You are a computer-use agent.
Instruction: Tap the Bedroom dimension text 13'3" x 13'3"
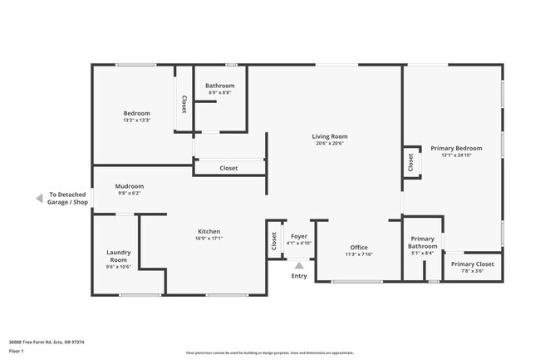(x=137, y=121)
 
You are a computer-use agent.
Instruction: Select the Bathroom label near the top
(x=220, y=86)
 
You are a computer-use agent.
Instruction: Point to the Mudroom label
(x=130, y=186)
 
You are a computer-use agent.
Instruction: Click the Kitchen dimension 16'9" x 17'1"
(x=209, y=239)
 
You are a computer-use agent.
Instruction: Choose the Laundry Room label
(x=119, y=256)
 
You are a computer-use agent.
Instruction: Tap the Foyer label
(x=299, y=236)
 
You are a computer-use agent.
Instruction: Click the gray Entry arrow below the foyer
(x=299, y=265)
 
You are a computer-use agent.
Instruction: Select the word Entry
(x=299, y=276)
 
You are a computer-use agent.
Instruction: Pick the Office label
(x=359, y=247)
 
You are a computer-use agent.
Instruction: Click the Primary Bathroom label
(x=422, y=242)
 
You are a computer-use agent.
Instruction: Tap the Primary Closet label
(x=472, y=264)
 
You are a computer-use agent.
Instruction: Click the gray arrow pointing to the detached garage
(x=38, y=198)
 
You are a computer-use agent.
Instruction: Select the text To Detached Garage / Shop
(x=68, y=198)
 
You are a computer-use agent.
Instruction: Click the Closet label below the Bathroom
(x=228, y=168)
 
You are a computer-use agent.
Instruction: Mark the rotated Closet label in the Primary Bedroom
(x=410, y=163)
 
